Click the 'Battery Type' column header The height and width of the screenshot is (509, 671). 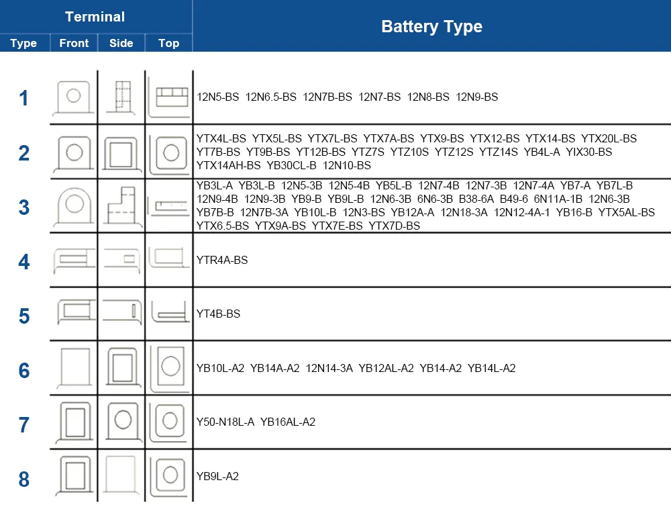click(x=431, y=27)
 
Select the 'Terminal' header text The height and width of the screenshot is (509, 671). click(x=95, y=17)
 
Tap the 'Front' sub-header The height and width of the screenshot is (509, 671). click(x=74, y=43)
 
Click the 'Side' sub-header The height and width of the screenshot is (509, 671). click(x=121, y=43)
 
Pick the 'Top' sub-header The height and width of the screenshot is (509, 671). click(x=168, y=43)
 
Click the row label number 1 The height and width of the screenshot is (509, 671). click(x=24, y=98)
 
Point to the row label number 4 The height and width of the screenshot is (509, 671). click(x=24, y=261)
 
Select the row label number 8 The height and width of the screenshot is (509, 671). click(x=24, y=479)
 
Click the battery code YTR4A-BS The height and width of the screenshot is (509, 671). click(x=222, y=260)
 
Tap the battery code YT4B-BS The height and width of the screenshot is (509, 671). click(x=218, y=314)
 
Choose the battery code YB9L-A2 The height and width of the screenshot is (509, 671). click(x=217, y=477)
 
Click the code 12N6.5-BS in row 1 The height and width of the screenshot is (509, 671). click(x=271, y=97)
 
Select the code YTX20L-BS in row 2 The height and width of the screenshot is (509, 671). click(x=609, y=139)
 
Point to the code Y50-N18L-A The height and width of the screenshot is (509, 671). click(x=225, y=422)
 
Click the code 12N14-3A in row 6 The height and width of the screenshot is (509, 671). click(x=329, y=368)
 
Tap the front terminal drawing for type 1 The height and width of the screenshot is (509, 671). click(x=74, y=98)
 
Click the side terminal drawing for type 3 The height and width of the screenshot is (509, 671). click(x=121, y=205)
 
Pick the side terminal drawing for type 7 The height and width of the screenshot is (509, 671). click(x=121, y=421)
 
